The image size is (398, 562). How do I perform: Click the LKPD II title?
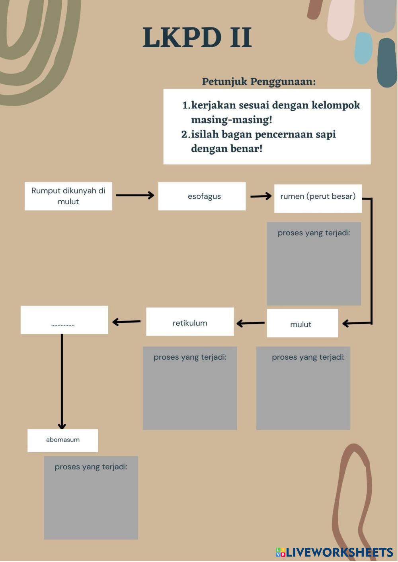[x=197, y=38]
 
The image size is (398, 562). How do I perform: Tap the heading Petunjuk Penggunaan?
[x=259, y=81]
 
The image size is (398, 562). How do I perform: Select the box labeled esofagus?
[x=202, y=196]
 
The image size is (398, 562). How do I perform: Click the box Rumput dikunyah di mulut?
[x=68, y=196]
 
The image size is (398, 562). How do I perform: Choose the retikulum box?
[x=190, y=322]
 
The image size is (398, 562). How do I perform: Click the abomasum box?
[x=62, y=440]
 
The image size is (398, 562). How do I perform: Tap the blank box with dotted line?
[x=64, y=320]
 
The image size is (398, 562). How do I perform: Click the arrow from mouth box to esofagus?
[x=135, y=195]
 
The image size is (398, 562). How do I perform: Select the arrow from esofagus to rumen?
[x=261, y=196]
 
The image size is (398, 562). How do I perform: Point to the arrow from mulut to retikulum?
[x=250, y=323]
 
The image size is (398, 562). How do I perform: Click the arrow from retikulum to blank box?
[x=127, y=322]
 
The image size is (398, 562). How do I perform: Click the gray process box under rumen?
[x=314, y=264]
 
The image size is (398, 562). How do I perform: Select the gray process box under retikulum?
[x=190, y=388]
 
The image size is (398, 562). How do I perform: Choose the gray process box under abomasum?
[x=91, y=498]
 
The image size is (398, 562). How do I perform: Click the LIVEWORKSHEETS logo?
[x=334, y=552]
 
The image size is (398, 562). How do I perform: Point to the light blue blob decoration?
[x=363, y=48]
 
